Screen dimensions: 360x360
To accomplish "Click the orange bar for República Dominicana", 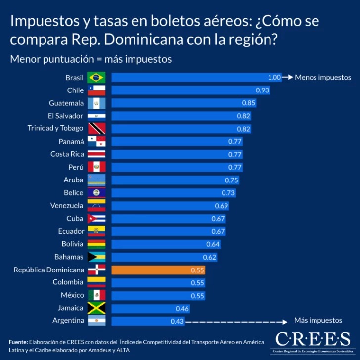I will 158,270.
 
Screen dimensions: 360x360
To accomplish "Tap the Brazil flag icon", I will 96,78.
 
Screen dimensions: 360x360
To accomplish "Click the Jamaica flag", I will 96,308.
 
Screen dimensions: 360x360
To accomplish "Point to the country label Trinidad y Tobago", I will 55,129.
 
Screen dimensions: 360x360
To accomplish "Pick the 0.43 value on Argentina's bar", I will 177,321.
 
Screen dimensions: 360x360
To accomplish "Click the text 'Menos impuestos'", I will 323,78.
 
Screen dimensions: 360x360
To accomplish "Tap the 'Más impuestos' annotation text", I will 318,320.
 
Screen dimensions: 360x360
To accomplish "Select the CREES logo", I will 313,341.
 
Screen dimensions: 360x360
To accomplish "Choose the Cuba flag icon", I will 96,219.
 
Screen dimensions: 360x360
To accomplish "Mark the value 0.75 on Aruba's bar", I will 231,180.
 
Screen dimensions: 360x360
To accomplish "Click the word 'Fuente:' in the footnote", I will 18,342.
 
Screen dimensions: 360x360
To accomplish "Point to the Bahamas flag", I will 96,257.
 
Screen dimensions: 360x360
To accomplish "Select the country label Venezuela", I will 67,206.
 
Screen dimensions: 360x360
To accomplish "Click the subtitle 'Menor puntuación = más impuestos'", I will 91,59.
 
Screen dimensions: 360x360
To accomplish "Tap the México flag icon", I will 96,295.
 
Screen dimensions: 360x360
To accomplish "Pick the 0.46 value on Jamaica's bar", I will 182,309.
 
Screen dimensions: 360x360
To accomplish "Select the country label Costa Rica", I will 67,154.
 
